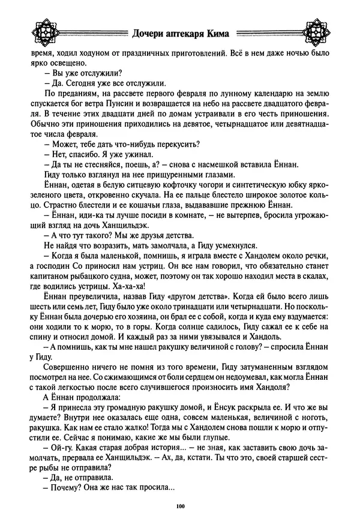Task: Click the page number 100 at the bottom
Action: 180,507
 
